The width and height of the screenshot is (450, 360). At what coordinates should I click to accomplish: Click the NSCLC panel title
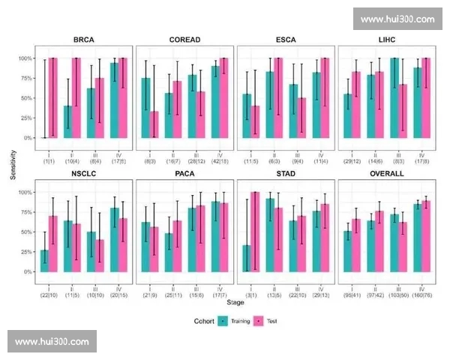click(x=83, y=173)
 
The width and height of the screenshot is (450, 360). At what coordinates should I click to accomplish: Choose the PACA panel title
click(x=184, y=173)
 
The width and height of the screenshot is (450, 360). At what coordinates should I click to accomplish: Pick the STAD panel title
click(x=285, y=173)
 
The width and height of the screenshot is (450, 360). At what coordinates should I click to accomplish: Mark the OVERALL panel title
click(x=386, y=173)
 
